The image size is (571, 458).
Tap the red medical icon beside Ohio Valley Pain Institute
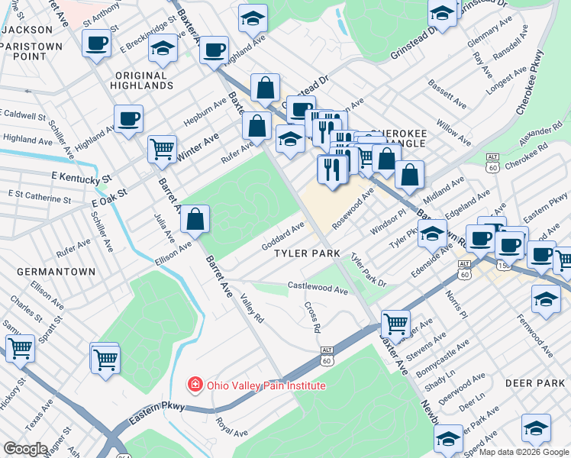pyautogui.click(x=196, y=385)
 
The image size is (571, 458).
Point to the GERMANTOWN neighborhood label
pyautogui.click(x=58, y=271)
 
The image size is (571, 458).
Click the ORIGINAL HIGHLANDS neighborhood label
pyautogui.click(x=144, y=80)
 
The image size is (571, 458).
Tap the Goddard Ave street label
pyautogui.click(x=283, y=236)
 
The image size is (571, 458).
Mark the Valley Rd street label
pyautogui.click(x=251, y=308)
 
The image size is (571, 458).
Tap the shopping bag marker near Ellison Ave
pyautogui.click(x=196, y=220)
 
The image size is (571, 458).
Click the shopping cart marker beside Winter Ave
pyautogui.click(x=162, y=148)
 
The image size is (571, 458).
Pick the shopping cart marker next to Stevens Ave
pyautogui.click(x=395, y=324)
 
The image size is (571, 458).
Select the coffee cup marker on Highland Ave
pyautogui.click(x=128, y=118)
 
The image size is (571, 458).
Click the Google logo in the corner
pyautogui.click(x=26, y=448)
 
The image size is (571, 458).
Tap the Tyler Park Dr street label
pyautogui.click(x=368, y=270)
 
